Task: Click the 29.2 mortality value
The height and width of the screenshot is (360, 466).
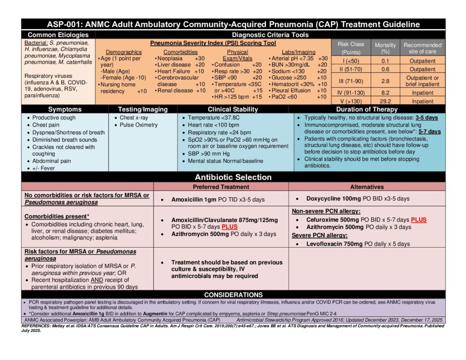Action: pyautogui.click(x=385, y=101)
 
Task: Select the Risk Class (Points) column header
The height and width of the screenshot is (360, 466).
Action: pyautogui.click(x=350, y=48)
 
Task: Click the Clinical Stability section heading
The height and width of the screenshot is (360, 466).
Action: pyautogui.click(x=233, y=109)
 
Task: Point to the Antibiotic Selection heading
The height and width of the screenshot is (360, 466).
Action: pyautogui.click(x=233, y=177)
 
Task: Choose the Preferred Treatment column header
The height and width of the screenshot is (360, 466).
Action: pyautogui.click(x=221, y=187)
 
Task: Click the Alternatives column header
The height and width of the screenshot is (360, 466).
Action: pyautogui.click(x=367, y=187)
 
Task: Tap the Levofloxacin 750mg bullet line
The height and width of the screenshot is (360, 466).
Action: pyautogui.click(x=358, y=244)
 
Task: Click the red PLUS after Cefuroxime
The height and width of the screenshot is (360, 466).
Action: pyautogui.click(x=419, y=220)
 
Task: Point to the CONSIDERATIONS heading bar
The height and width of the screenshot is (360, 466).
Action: pyautogui.click(x=233, y=295)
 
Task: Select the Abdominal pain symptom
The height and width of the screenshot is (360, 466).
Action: pyautogui.click(x=51, y=161)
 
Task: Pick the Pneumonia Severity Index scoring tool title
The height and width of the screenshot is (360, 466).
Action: pyautogui.click(x=213, y=43)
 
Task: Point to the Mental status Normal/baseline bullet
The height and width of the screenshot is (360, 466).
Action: pyautogui.click(x=225, y=161)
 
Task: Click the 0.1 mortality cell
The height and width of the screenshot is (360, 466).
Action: pyautogui.click(x=385, y=61)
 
